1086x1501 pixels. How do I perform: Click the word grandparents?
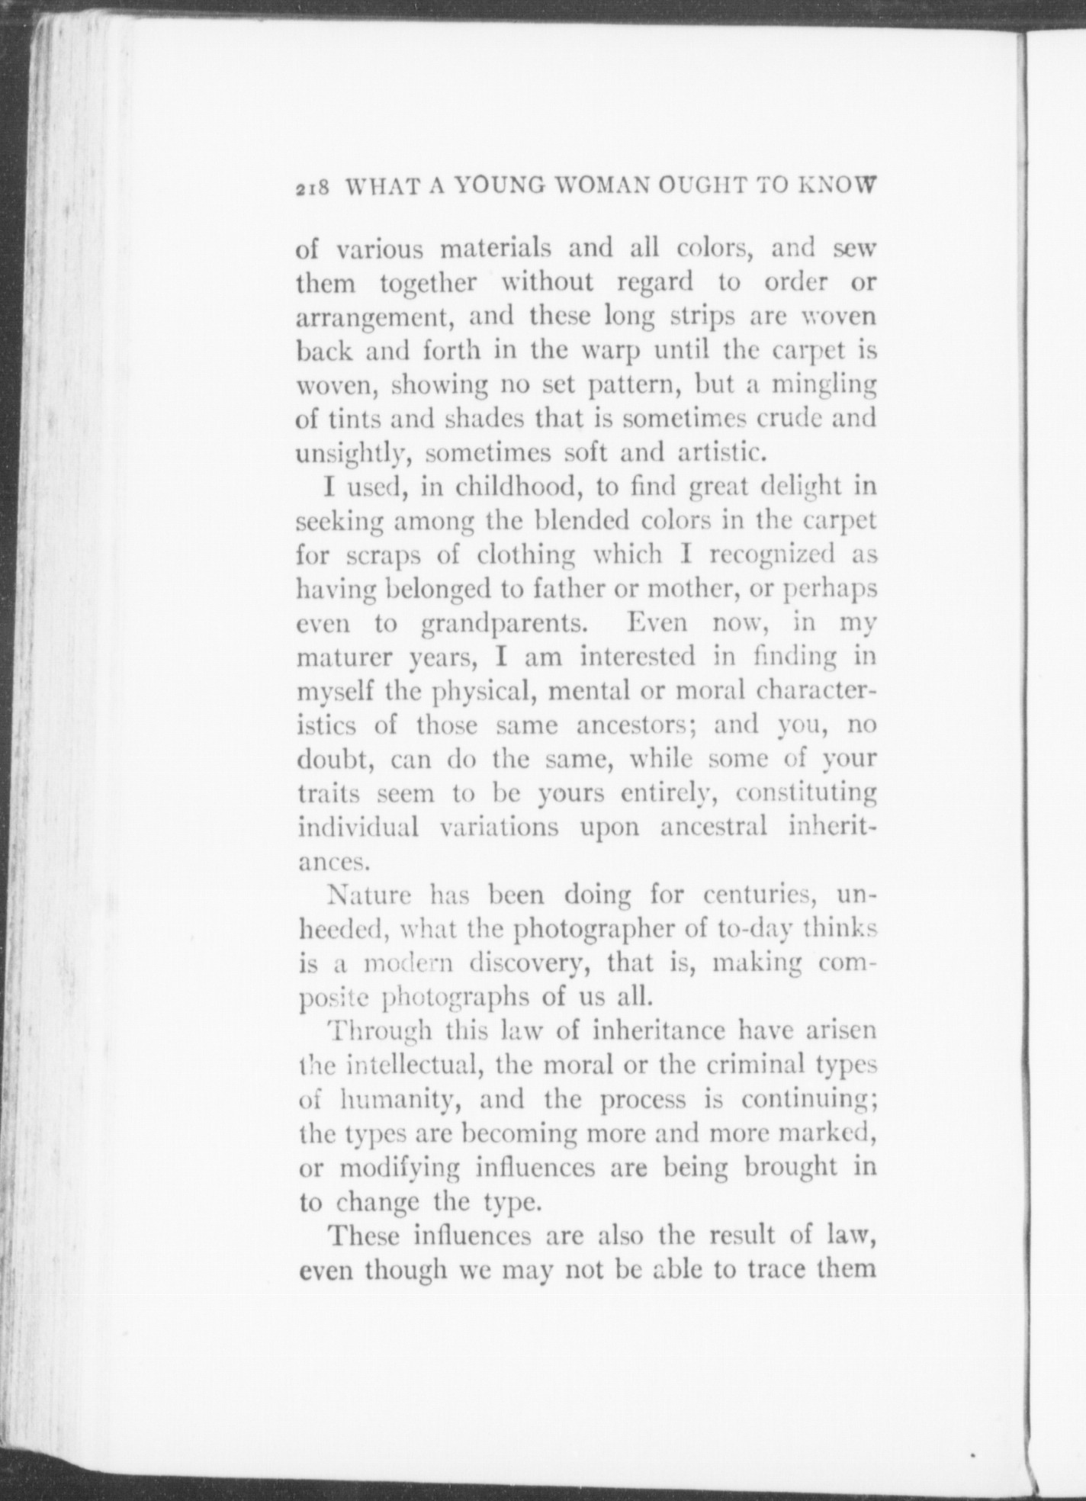point(504,623)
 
